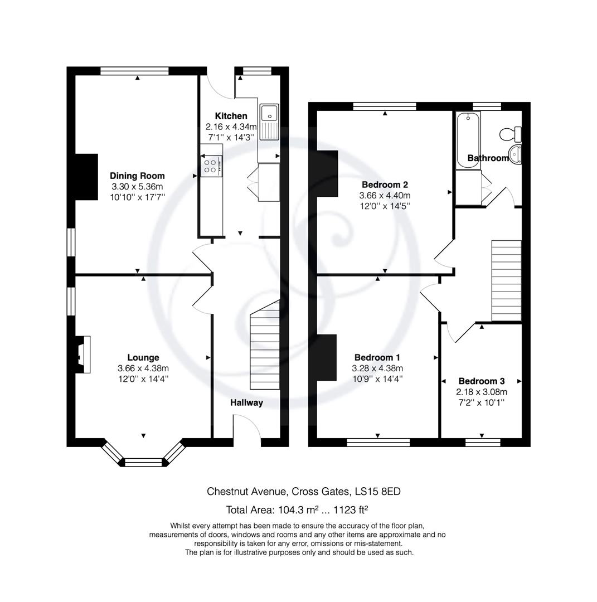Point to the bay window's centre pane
point(143,462)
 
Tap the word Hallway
point(246,402)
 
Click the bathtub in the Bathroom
point(467,139)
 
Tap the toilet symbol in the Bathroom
point(510,134)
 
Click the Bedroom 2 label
point(385,185)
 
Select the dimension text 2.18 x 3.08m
point(481,392)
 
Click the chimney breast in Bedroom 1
point(327,357)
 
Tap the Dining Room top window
point(135,71)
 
